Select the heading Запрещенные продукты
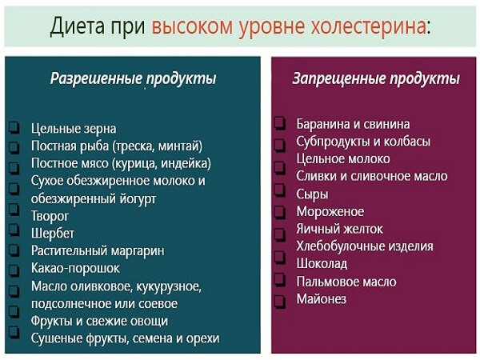pyautogui.click(x=375, y=78)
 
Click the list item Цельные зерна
pyautogui.click(x=74, y=128)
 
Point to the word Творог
pyautogui.click(x=50, y=215)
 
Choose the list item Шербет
pyautogui.click(x=53, y=233)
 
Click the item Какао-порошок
pyautogui.click(x=75, y=268)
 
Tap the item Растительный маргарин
pyautogui.click(x=98, y=250)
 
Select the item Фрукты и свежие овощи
pyautogui.click(x=99, y=321)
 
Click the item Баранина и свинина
pyautogui.click(x=353, y=124)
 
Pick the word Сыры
pyautogui.click(x=312, y=194)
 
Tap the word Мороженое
pyautogui.click(x=330, y=211)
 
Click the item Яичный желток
pyautogui.click(x=339, y=229)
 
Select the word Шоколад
pyautogui.click(x=322, y=264)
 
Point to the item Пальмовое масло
pyautogui.click(x=346, y=282)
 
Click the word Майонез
pyautogui.click(x=320, y=299)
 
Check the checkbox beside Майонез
pyautogui.click(x=279, y=300)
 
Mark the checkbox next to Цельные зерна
pyautogui.click(x=14, y=129)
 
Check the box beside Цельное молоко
pyautogui.click(x=279, y=159)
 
